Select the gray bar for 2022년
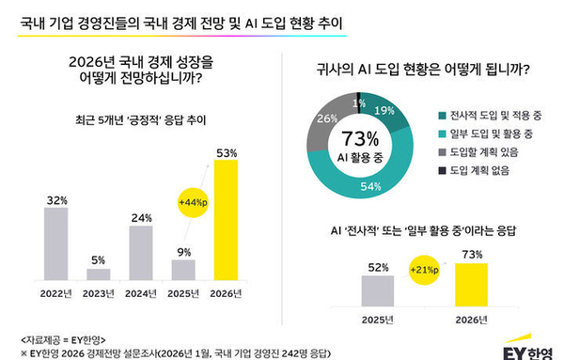55,243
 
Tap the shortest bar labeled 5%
99,274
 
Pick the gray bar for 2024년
141,252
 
